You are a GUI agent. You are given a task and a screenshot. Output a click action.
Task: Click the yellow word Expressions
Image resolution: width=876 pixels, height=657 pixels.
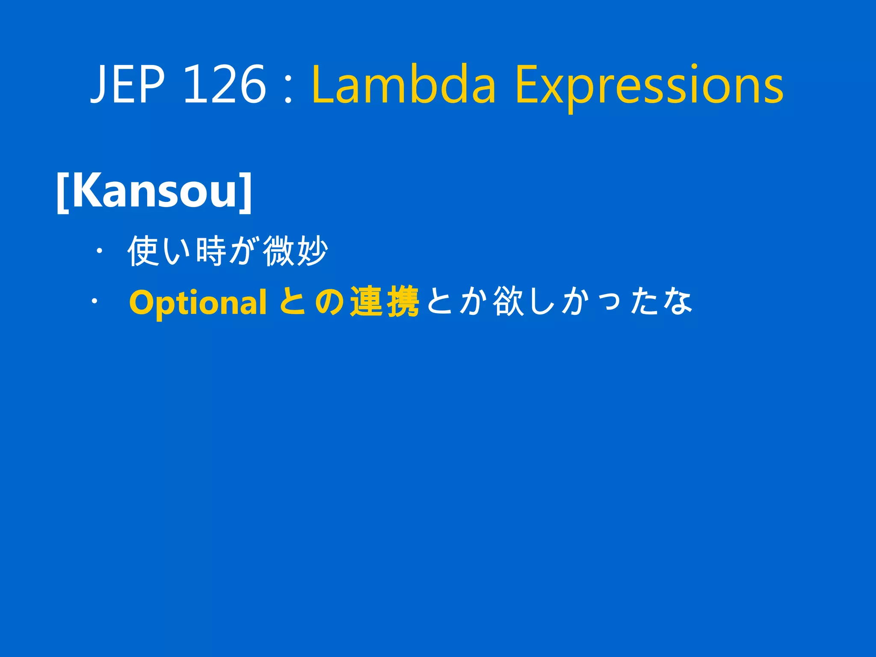click(x=649, y=86)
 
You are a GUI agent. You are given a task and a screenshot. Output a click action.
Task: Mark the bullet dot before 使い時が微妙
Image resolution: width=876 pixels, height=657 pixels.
click(x=99, y=252)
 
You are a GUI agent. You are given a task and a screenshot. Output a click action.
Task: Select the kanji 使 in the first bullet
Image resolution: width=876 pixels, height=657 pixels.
click(x=144, y=251)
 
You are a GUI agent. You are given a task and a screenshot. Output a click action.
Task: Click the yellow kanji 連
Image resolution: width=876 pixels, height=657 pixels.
click(x=367, y=302)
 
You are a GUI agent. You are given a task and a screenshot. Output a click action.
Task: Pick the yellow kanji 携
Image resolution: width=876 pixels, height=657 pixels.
click(x=402, y=302)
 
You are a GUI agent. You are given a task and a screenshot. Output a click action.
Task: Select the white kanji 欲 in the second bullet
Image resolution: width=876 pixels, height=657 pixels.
click(x=509, y=302)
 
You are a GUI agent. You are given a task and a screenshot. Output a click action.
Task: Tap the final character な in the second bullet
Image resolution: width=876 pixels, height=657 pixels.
click(x=678, y=302)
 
